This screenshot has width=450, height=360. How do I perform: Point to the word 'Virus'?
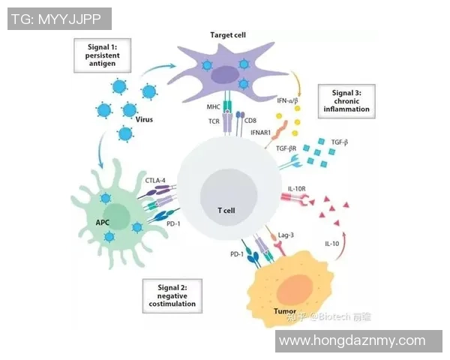145,120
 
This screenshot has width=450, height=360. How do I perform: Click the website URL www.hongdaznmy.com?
351,341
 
